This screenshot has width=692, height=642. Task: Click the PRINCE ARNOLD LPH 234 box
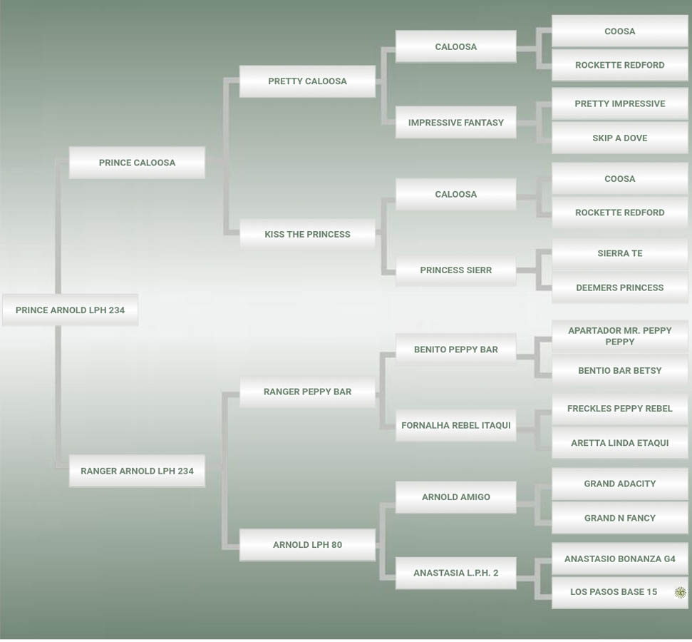tap(70, 310)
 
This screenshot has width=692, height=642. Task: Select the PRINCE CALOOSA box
tap(137, 163)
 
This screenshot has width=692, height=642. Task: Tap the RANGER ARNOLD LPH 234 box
tap(137, 471)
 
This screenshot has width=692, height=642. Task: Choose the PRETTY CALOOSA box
tap(307, 81)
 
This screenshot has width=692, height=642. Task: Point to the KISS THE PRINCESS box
tap(307, 234)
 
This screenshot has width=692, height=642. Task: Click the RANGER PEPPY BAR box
tap(307, 392)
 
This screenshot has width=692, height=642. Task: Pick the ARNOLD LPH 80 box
tap(307, 545)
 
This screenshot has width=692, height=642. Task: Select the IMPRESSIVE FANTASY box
tap(455, 123)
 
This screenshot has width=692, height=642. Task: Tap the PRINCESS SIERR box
tap(455, 270)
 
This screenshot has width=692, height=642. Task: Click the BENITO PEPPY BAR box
tap(455, 350)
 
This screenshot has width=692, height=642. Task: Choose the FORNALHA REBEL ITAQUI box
tap(455, 425)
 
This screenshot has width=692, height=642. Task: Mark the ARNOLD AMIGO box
tap(455, 497)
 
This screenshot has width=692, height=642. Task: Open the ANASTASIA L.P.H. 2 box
tap(455, 573)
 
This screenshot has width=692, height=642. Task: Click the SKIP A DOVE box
tap(619, 138)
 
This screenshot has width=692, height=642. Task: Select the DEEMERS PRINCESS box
tap(619, 288)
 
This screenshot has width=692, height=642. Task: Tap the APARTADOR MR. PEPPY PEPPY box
tap(619, 336)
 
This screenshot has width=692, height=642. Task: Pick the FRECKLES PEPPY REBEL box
tap(619, 409)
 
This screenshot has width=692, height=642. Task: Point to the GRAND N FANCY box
tap(619, 518)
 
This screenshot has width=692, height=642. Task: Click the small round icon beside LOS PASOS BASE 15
tap(680, 592)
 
